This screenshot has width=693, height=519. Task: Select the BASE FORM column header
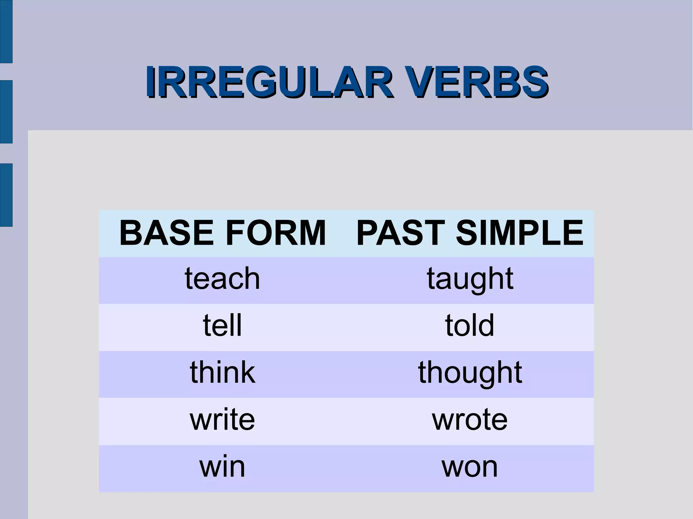click(222, 233)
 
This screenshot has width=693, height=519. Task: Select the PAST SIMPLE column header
click(470, 233)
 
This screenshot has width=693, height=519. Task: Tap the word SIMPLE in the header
click(519, 233)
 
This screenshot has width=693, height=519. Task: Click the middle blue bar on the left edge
click(6, 112)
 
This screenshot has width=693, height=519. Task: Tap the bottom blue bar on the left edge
click(6, 195)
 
